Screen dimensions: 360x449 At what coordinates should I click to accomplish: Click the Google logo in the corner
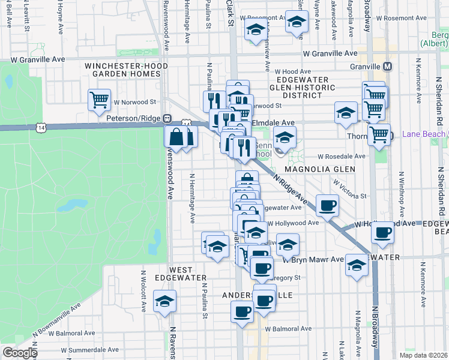pos(19,353)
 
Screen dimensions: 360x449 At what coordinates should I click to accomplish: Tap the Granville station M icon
pos(388,66)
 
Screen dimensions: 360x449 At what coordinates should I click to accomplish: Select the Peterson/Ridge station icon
pos(168,119)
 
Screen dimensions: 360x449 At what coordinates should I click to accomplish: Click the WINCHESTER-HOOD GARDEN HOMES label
pos(122,70)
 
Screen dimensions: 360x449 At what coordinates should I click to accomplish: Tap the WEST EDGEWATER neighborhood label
pos(173,274)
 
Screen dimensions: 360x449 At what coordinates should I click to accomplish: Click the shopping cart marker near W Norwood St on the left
pos(99,99)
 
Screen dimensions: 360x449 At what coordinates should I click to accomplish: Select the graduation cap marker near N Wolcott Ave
pos(164,302)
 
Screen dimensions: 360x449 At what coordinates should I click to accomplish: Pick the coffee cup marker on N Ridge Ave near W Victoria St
pos(327,206)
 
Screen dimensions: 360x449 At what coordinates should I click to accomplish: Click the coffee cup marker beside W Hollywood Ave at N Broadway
pos(382,232)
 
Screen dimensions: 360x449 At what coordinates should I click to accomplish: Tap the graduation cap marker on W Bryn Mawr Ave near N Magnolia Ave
pos(356,267)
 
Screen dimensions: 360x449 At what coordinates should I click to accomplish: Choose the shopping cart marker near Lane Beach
pos(379,134)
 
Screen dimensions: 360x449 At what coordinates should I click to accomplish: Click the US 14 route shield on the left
pos(40,127)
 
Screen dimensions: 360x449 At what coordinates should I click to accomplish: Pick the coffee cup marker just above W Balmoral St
pos(242,311)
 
